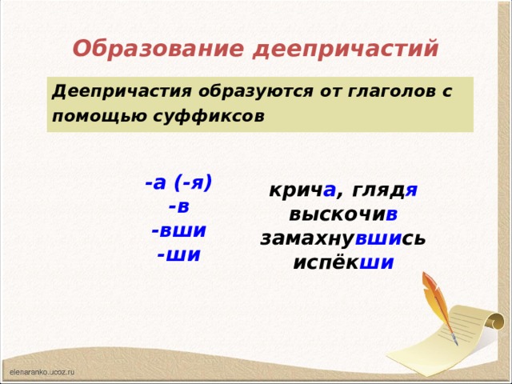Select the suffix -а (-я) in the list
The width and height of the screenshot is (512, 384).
(x=178, y=182)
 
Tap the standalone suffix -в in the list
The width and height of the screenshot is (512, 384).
(x=179, y=206)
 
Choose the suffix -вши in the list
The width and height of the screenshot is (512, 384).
(x=179, y=230)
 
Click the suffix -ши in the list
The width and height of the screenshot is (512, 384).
(x=179, y=254)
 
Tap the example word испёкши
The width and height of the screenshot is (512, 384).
(x=342, y=262)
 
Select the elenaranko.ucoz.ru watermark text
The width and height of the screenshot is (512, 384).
(x=42, y=373)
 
